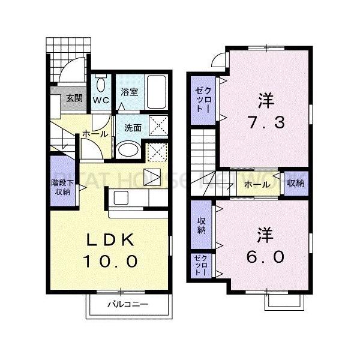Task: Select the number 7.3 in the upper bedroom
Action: (265, 122)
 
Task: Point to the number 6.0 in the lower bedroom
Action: (265, 256)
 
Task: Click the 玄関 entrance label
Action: (74, 99)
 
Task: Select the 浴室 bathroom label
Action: (129, 92)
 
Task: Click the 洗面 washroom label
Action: (133, 127)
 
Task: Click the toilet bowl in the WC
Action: (101, 85)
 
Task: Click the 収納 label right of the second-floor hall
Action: (295, 184)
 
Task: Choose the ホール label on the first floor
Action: (95, 134)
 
